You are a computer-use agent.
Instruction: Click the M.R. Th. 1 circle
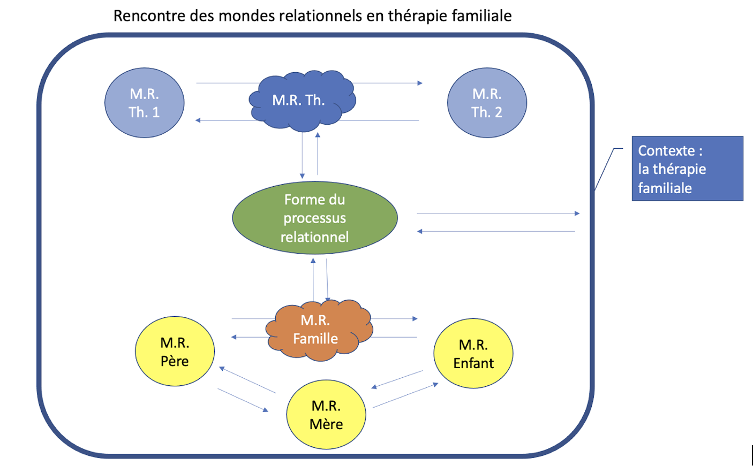(x=145, y=103)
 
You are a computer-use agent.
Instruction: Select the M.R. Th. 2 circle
(x=487, y=103)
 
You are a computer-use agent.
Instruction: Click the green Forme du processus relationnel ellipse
(x=315, y=218)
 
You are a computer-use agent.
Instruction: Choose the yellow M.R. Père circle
(x=175, y=352)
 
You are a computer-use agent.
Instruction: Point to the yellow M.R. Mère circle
(x=326, y=415)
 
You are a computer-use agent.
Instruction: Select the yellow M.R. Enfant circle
(x=473, y=354)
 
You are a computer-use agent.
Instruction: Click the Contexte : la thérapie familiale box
(x=687, y=169)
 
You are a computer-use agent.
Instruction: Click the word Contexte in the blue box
(x=666, y=151)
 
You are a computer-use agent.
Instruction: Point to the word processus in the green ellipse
(x=315, y=218)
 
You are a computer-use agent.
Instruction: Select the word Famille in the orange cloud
(x=315, y=339)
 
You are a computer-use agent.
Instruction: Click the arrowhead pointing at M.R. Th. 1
(x=198, y=120)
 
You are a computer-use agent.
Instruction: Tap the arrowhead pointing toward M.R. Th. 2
(x=420, y=83)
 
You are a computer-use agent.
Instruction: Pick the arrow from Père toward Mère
(x=243, y=400)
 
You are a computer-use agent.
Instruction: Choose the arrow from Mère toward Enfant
(x=405, y=395)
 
